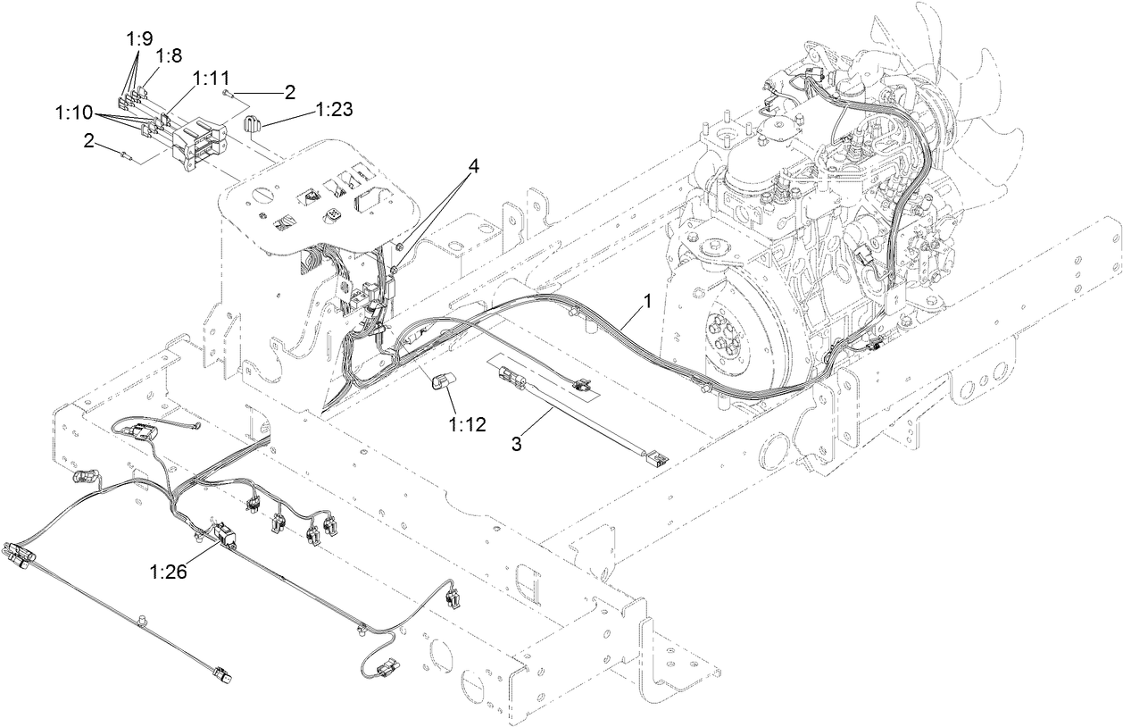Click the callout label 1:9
tap(140, 39)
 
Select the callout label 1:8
tap(169, 56)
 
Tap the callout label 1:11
tap(211, 79)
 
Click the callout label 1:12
tap(467, 424)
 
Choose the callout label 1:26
tap(169, 572)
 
